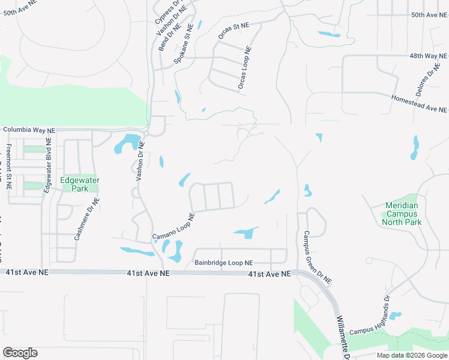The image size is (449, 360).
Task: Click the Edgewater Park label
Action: pyautogui.click(x=79, y=184)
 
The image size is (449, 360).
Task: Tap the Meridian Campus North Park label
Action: pyautogui.click(x=402, y=214)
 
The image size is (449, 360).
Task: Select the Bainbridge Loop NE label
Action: pyautogui.click(x=224, y=263)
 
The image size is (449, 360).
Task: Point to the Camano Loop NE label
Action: pyautogui.click(x=173, y=226)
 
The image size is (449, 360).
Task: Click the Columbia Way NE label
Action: pyautogui.click(x=29, y=130)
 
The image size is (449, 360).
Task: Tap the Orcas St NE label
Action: pyautogui.click(x=233, y=31)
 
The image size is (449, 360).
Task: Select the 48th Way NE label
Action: pyautogui.click(x=429, y=55)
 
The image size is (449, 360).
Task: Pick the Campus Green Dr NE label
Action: pyautogui.click(x=318, y=257)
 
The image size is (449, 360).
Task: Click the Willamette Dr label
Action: pyautogui.click(x=346, y=334)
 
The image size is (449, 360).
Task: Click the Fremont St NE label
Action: pyautogui.click(x=9, y=166)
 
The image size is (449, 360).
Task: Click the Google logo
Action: pyautogui.click(x=20, y=353)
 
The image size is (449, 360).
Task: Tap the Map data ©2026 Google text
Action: pyautogui.click(x=412, y=355)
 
